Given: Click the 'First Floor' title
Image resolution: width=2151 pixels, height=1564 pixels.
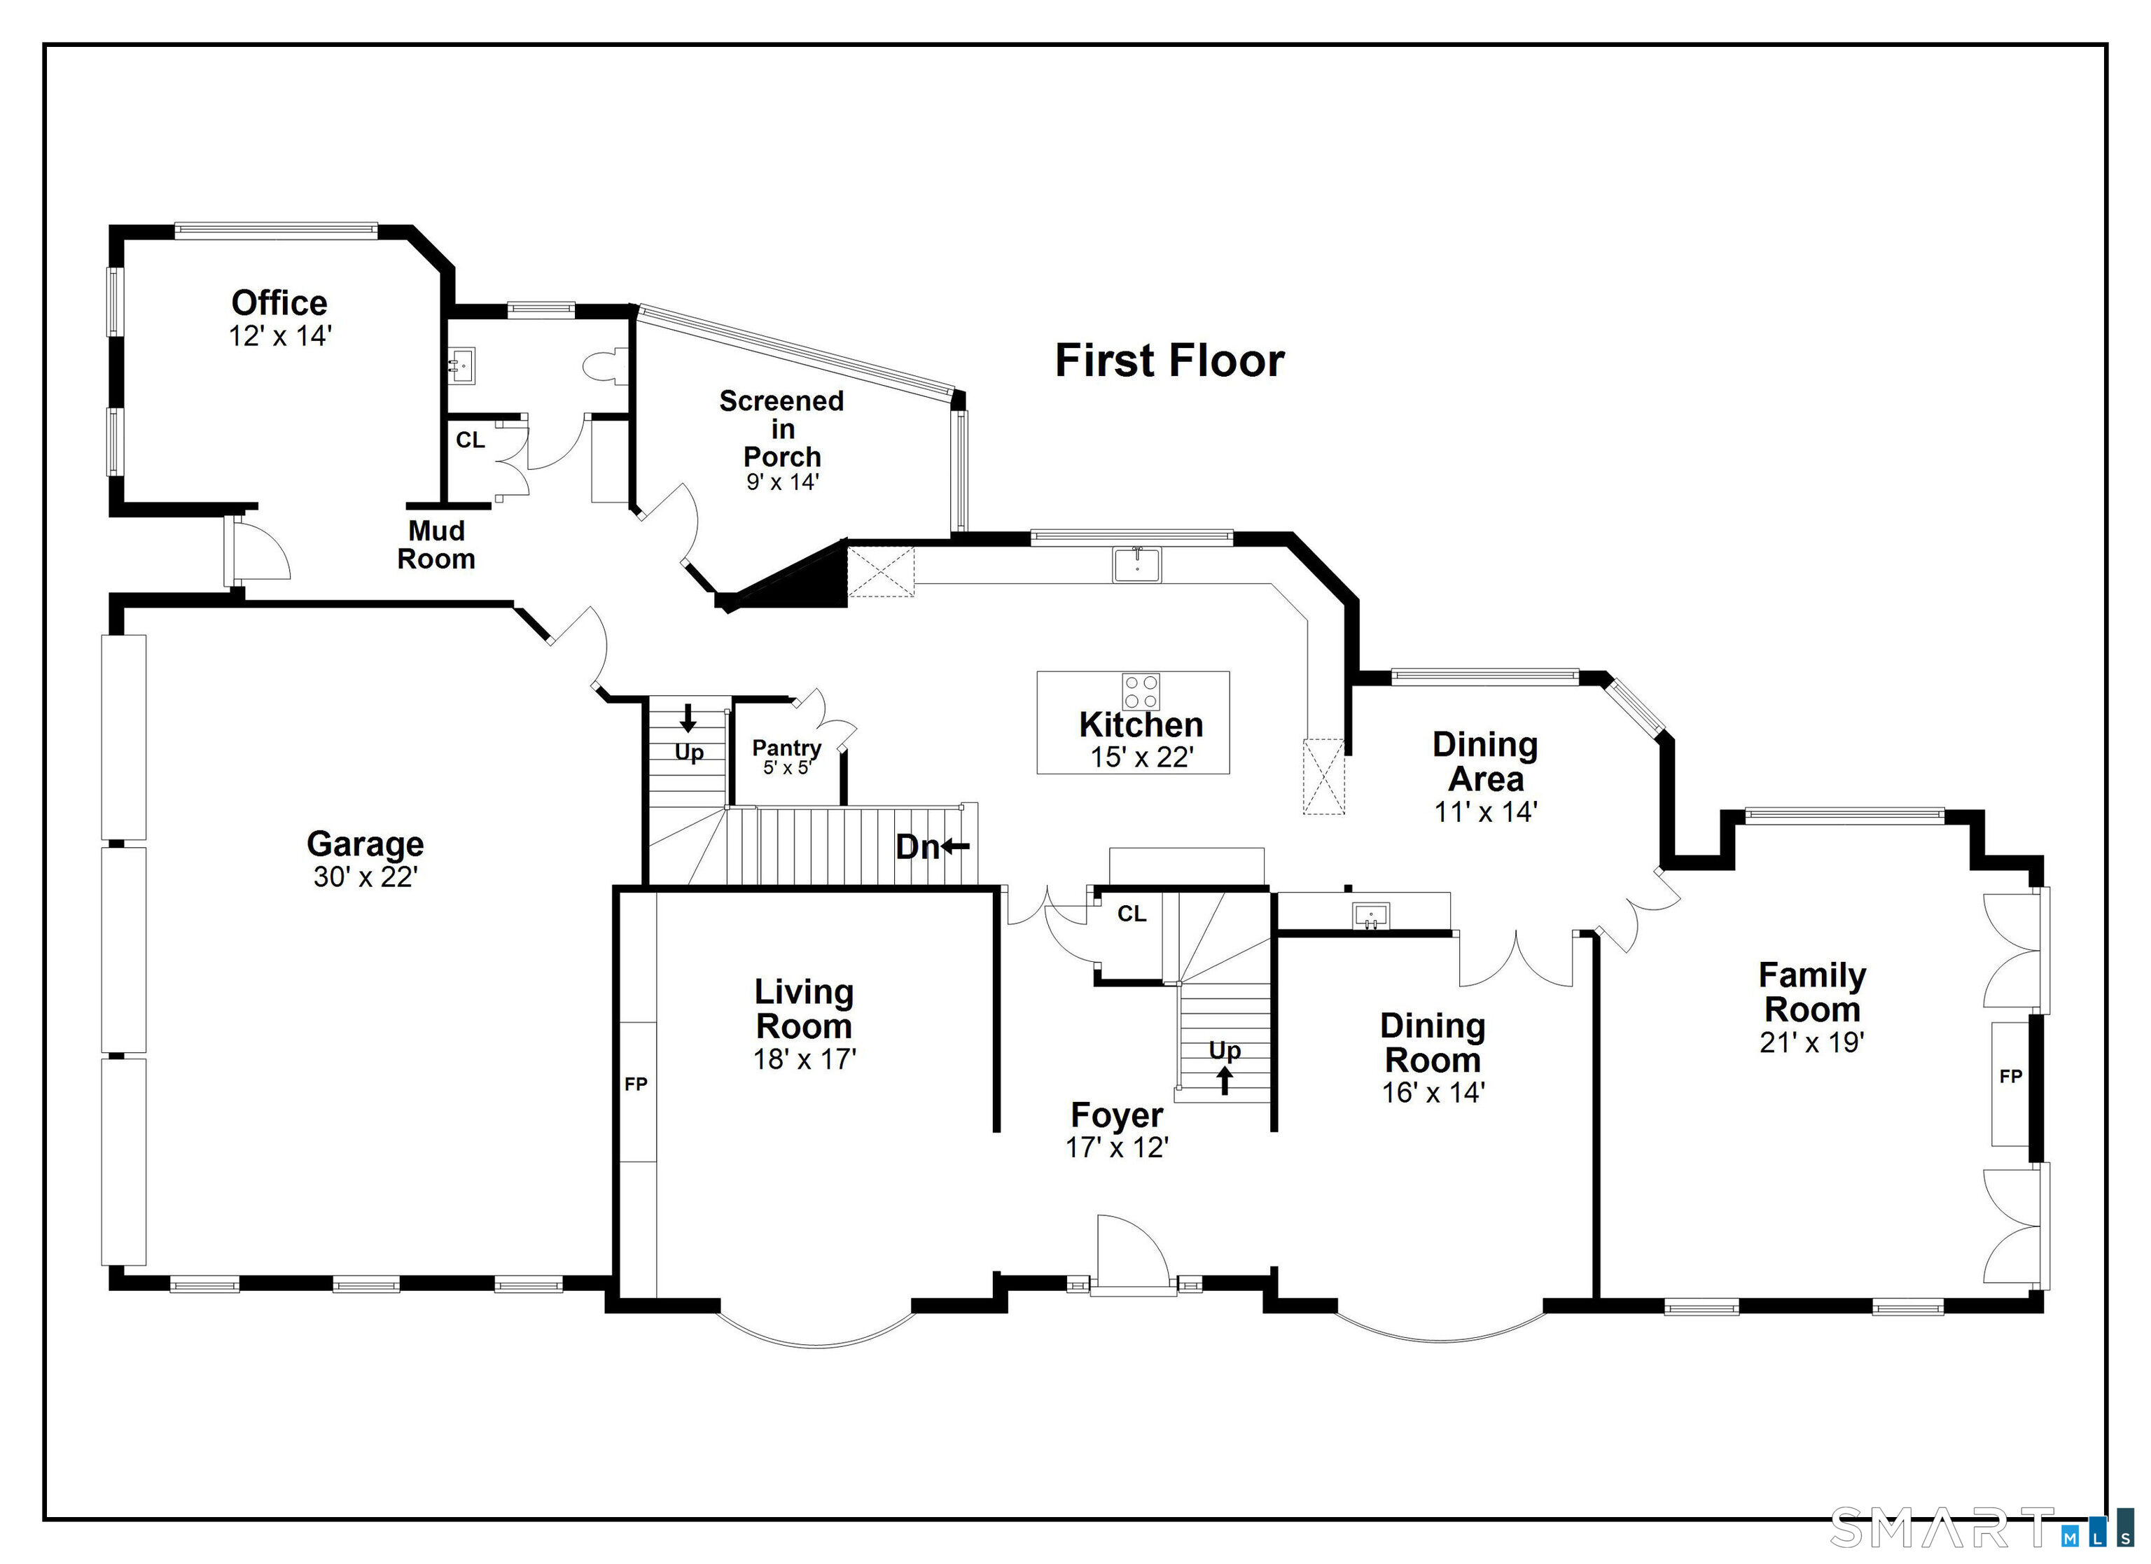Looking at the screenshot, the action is [x=1169, y=361].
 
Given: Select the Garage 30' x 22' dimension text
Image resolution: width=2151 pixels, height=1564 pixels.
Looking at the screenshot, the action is [x=365, y=877].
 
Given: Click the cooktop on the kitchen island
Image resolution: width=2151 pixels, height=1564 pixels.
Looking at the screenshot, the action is [x=1141, y=692].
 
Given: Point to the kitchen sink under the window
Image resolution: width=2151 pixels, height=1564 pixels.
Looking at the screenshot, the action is [x=1137, y=564].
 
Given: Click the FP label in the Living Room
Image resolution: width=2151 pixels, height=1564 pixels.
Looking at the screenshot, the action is [x=636, y=1084].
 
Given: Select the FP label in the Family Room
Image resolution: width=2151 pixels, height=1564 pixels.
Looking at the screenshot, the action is [x=2011, y=1077].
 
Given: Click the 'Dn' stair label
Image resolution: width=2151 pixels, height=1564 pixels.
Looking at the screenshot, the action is [x=917, y=847].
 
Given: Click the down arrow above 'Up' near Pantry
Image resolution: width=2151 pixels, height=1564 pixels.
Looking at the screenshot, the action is [x=688, y=718].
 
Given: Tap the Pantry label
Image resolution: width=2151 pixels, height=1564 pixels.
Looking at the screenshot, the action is [x=786, y=748].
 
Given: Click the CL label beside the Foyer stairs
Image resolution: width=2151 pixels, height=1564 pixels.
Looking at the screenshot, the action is [x=1132, y=914].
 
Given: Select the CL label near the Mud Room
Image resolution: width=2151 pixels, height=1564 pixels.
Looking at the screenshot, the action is [x=471, y=440].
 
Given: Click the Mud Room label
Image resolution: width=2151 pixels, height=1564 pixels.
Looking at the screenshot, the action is [x=436, y=545].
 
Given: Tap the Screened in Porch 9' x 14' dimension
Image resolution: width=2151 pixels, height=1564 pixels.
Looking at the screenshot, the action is [x=782, y=482].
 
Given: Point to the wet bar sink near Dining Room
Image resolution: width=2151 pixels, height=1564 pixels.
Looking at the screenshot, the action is [x=1370, y=915].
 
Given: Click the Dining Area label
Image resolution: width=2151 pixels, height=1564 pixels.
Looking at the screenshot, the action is [x=1485, y=762].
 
